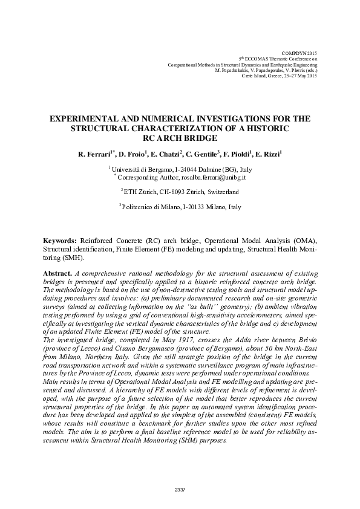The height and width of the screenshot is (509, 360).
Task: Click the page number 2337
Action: click(180, 489)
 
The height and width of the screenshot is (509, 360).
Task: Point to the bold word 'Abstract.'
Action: click(57, 274)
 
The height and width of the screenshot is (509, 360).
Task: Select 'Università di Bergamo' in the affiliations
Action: click(142, 171)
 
